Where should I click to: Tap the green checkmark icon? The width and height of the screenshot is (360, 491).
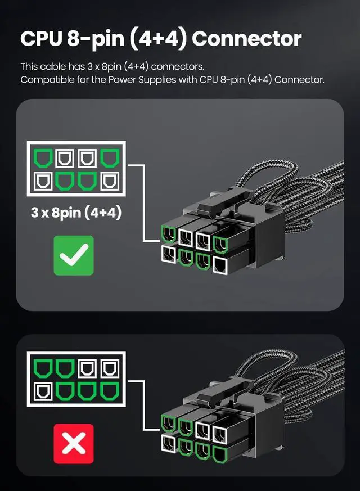coord(74,255)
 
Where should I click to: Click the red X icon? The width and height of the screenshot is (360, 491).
coord(74,444)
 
